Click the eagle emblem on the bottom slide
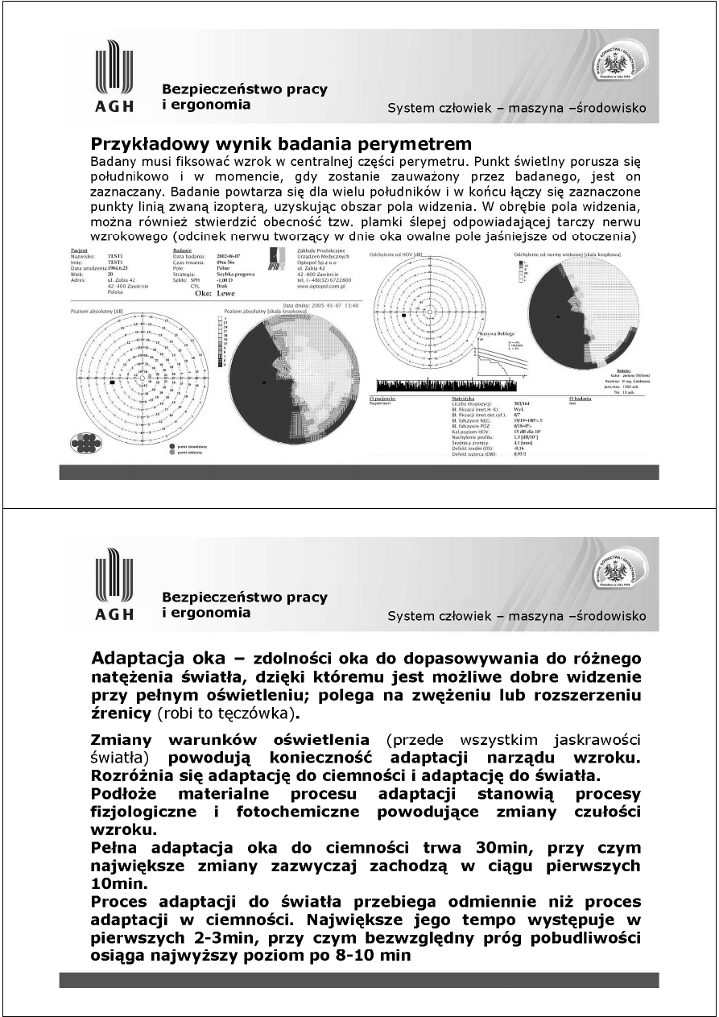(621, 572)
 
